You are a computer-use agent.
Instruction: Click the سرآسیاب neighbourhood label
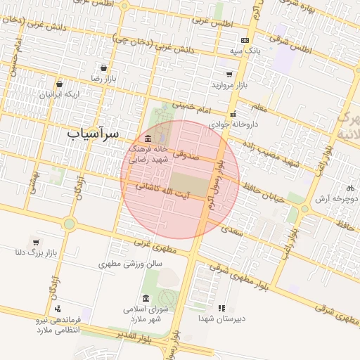click(93, 133)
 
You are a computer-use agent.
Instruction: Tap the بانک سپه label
click(248, 51)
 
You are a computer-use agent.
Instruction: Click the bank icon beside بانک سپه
click(245, 41)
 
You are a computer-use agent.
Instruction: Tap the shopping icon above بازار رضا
click(104, 69)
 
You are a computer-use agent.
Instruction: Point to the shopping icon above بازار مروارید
click(229, 74)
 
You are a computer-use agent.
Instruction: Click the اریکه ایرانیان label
click(60, 94)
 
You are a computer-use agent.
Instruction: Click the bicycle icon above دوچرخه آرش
click(350, 188)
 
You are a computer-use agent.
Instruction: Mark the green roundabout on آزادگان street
click(69, 224)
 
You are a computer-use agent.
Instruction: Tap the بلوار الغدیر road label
click(131, 339)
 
